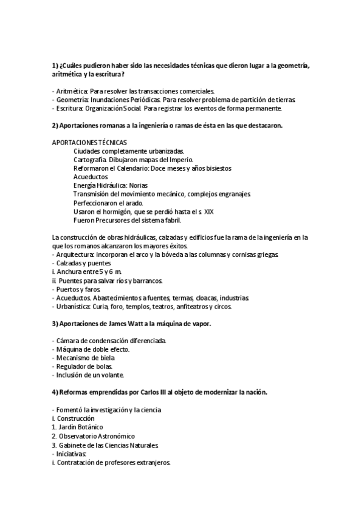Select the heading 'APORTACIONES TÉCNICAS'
pyautogui.click(x=90, y=142)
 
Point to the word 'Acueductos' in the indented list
pyautogui.click(x=90, y=177)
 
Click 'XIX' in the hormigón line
pyautogui.click(x=208, y=211)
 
